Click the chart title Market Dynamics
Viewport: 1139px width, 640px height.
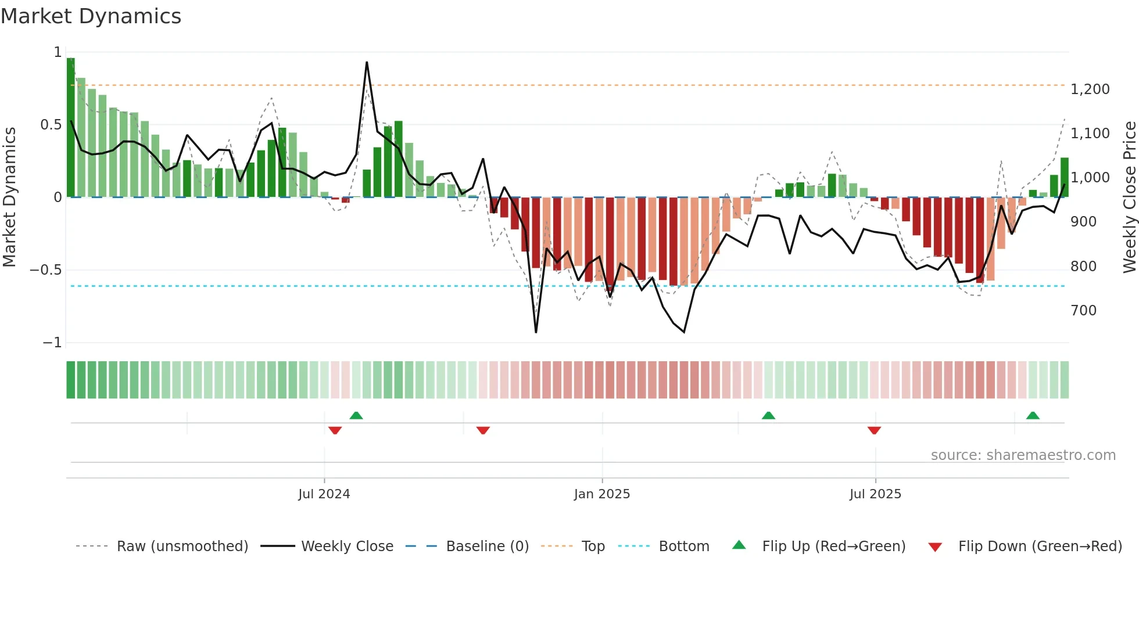pyautogui.click(x=91, y=16)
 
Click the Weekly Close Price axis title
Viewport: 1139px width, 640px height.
pyautogui.click(x=1129, y=197)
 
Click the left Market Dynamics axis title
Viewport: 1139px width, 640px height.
pyautogui.click(x=9, y=197)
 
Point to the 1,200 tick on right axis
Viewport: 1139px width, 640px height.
pyautogui.click(x=1090, y=89)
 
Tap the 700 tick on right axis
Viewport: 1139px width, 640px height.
pyautogui.click(x=1083, y=311)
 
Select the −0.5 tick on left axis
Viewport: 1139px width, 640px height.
pyautogui.click(x=45, y=270)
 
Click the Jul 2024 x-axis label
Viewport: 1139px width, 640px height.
pyautogui.click(x=324, y=494)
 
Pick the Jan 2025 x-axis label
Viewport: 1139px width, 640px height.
pyautogui.click(x=601, y=494)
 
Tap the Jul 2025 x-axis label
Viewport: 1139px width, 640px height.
pyautogui.click(x=875, y=494)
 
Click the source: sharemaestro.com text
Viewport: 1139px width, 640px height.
pyautogui.click(x=1023, y=455)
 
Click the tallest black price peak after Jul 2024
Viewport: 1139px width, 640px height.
pyautogui.click(x=367, y=63)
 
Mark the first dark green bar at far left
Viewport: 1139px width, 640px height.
pyautogui.click(x=70, y=128)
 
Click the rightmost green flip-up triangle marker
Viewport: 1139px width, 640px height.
pyautogui.click(x=1033, y=415)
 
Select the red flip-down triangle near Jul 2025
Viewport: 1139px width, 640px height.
pyautogui.click(x=874, y=430)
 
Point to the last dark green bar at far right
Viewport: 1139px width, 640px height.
pyautogui.click(x=1064, y=177)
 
